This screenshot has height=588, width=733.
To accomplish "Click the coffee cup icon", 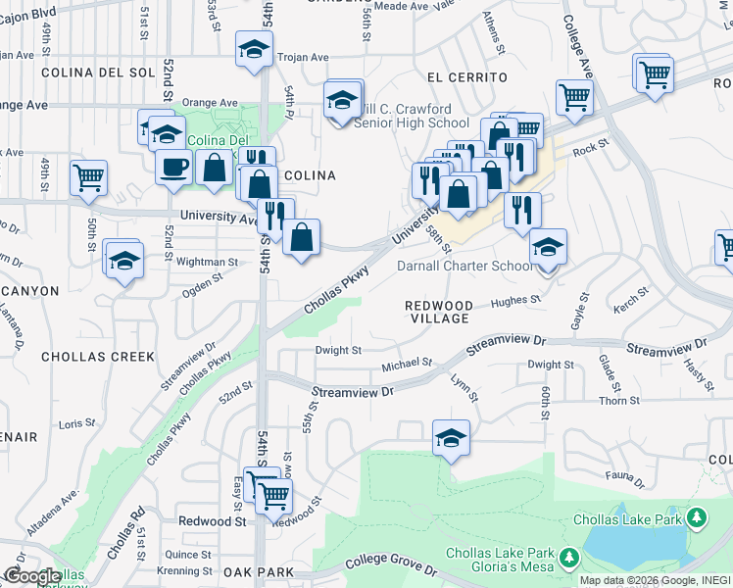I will click(173, 166).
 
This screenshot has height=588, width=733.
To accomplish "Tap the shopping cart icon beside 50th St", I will click(88, 178).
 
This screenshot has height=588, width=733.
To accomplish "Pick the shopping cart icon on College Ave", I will click(574, 96).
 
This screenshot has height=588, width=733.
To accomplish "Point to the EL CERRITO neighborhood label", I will click(467, 76).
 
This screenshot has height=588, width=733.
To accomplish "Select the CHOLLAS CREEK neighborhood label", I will click(98, 357).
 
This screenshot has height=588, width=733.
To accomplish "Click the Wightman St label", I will click(207, 263).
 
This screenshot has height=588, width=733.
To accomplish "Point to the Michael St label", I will click(407, 364).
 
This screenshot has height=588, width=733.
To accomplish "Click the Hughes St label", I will click(515, 300).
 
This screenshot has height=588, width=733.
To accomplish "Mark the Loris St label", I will click(76, 423).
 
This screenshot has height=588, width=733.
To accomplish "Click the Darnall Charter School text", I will click(465, 266).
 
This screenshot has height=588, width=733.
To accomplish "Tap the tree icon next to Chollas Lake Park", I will click(697, 516).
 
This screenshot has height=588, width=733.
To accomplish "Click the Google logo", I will click(31, 576).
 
